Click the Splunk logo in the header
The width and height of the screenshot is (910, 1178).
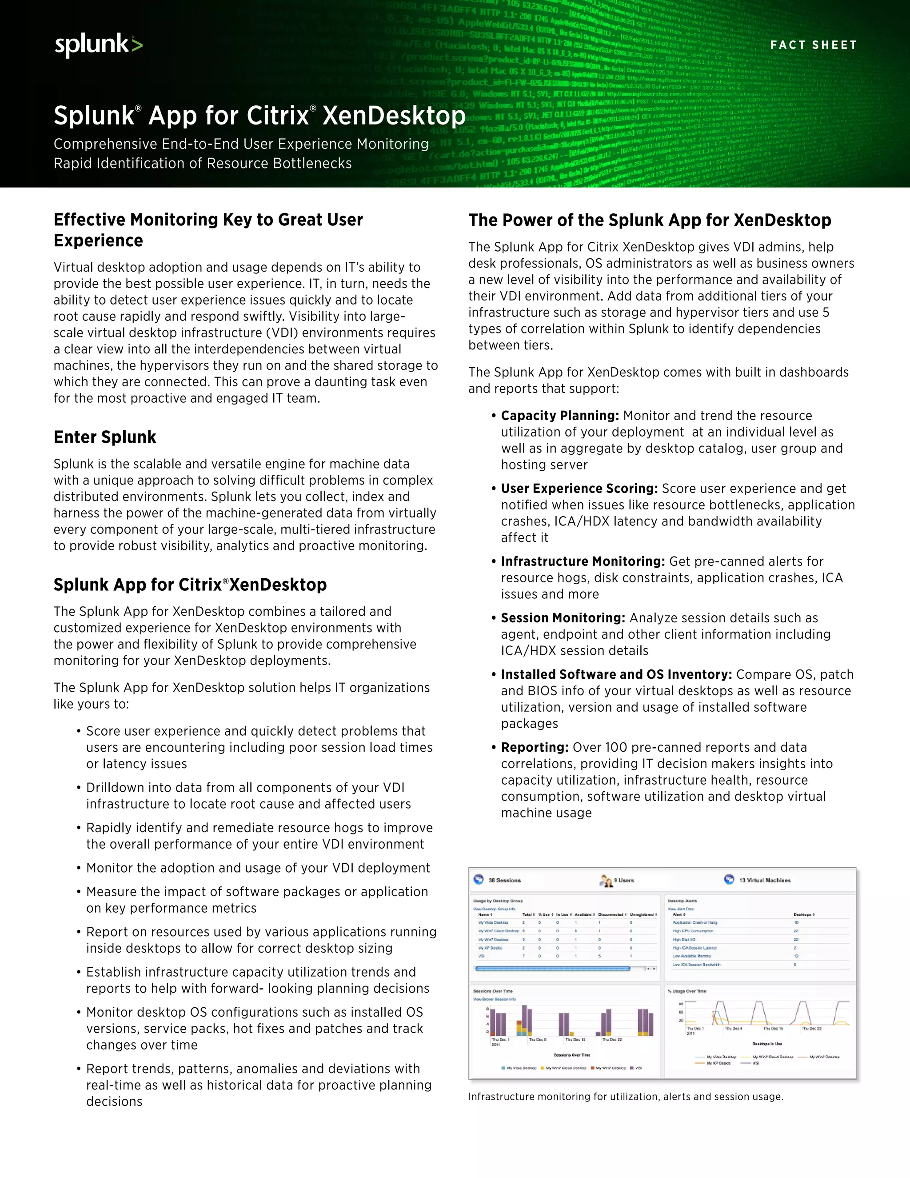99,45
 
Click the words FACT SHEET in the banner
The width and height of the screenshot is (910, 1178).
813,45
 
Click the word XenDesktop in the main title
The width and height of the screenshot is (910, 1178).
394,116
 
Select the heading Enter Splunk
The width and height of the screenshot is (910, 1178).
104,437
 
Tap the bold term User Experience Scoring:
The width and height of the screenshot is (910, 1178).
579,489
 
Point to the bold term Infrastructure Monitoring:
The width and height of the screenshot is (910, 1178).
582,561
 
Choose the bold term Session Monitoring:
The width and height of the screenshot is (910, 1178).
562,618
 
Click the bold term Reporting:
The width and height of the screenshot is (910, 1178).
534,748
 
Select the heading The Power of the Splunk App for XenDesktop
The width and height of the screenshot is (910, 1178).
649,220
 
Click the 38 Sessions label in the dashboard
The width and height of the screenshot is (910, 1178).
504,880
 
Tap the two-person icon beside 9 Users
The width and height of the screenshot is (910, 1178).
606,881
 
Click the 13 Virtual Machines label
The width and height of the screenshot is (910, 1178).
764,880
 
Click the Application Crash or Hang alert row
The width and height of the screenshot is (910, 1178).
695,923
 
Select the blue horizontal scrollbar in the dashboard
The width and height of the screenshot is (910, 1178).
553,969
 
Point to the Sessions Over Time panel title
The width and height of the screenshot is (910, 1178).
493,991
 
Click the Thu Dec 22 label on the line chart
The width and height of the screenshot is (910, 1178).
811,1029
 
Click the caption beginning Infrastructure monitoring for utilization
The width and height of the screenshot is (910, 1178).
625,1097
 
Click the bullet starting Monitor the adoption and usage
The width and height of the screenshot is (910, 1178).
258,868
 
